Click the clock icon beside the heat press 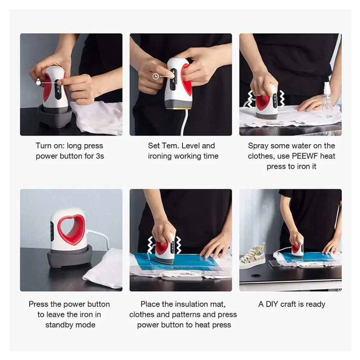pyautogui.click(x=156, y=76)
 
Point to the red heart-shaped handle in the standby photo pyautogui.click(x=71, y=230)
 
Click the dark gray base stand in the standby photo pyautogui.click(x=70, y=256)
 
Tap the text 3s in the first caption pyautogui.click(x=100, y=156)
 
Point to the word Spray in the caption pyautogui.click(x=258, y=146)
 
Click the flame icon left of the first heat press pyautogui.click(x=39, y=82)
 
